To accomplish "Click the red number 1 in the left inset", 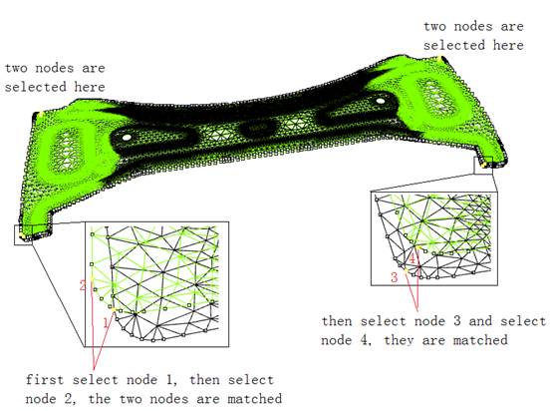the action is point(107,322).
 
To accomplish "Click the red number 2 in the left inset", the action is point(83,285).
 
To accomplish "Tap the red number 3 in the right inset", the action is point(394,277).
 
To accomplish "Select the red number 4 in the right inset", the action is point(413,259).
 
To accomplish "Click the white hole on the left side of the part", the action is point(127,138).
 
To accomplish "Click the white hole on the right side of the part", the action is point(381,101).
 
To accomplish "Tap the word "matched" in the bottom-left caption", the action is point(255,399).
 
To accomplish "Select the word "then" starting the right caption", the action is point(337,321).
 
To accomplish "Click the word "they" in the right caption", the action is point(399,340).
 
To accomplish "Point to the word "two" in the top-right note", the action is point(434,27).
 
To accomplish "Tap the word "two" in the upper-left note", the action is point(16,68).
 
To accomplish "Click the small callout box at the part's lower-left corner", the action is point(23,234).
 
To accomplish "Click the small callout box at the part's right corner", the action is point(483,166).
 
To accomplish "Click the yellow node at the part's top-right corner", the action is point(440,58).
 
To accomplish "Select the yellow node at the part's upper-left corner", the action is point(41,114).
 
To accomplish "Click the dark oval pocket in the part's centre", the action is point(258,129).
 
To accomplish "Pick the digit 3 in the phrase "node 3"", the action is point(456,321).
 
